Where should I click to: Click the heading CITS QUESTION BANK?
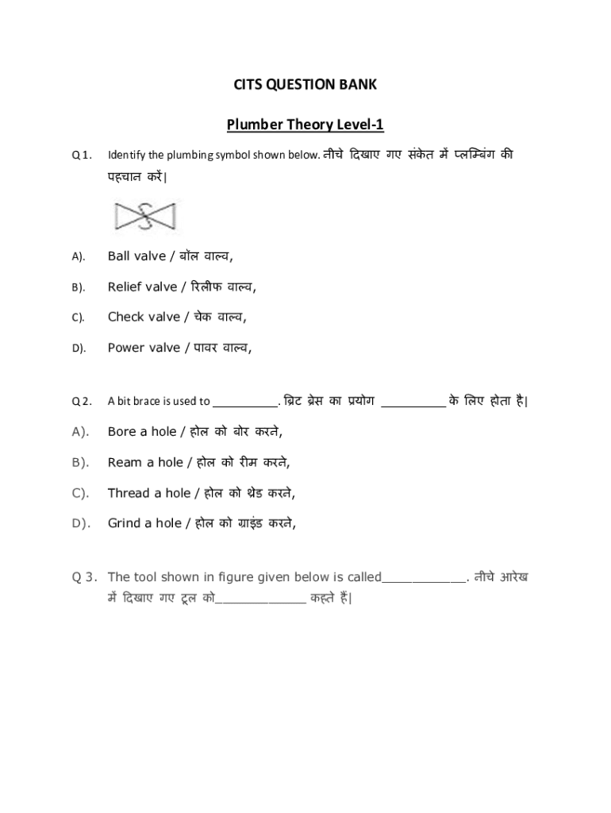pyautogui.click(x=305, y=84)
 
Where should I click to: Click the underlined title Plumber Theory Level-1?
pyautogui.click(x=305, y=125)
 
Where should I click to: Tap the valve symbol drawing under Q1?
pyautogui.click(x=146, y=215)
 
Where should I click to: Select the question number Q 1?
pyautogui.click(x=83, y=154)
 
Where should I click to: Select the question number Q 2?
pyautogui.click(x=83, y=401)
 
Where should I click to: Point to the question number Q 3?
pyautogui.click(x=83, y=577)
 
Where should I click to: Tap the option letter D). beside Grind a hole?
pyautogui.click(x=80, y=523)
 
